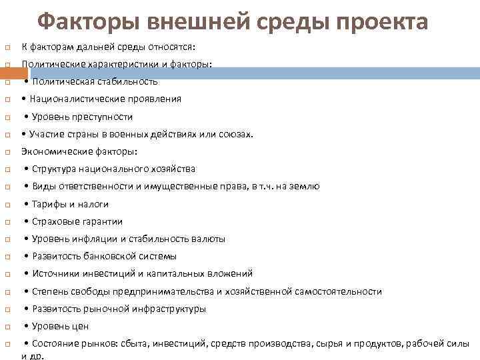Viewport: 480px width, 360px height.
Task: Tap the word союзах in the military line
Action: click(x=237, y=134)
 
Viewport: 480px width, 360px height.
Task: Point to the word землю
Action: click(x=305, y=187)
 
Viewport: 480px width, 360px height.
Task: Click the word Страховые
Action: click(x=54, y=221)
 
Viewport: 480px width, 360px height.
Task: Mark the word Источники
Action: click(x=53, y=273)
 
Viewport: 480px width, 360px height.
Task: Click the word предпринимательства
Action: click(x=174, y=291)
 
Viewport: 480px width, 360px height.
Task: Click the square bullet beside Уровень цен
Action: click(x=6, y=327)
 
